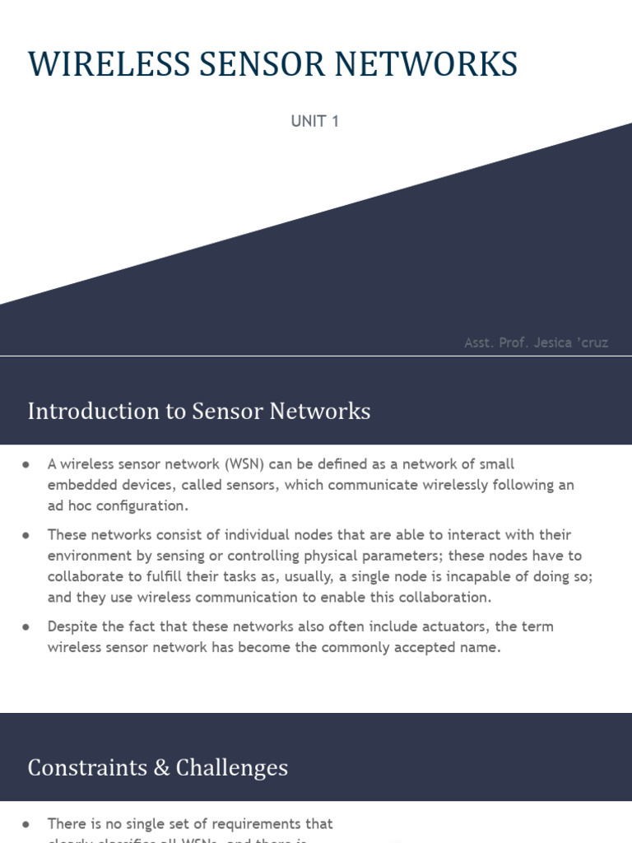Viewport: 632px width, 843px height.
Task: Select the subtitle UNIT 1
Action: [x=315, y=121]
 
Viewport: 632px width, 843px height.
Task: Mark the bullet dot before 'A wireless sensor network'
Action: [x=27, y=464]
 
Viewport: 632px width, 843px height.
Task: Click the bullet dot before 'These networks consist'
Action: [x=27, y=535]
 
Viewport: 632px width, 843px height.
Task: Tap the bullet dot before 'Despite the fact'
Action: [x=27, y=626]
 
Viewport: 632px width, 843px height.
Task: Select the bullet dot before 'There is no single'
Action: [x=27, y=823]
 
